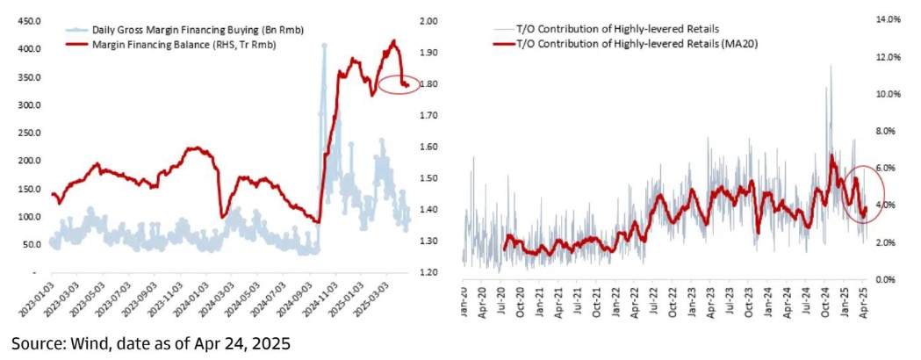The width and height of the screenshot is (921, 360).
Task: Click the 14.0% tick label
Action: pos(888,18)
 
